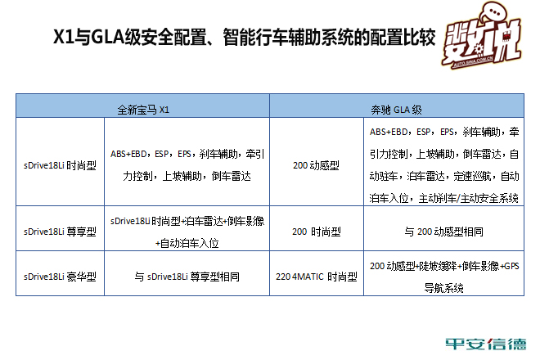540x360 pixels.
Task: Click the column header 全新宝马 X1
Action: click(143, 110)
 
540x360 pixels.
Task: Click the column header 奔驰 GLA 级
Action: click(396, 110)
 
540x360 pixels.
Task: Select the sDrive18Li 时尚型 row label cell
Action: click(60, 165)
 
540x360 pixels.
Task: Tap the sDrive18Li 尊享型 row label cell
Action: click(60, 232)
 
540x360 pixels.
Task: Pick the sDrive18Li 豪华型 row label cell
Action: click(60, 277)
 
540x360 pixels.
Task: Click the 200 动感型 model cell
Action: click(316, 165)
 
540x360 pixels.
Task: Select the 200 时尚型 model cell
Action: click(316, 232)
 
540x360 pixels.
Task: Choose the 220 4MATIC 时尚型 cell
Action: click(316, 277)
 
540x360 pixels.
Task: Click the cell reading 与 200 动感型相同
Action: click(444, 232)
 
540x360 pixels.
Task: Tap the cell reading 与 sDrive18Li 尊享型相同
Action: click(187, 277)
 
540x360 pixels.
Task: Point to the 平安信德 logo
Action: click(486, 344)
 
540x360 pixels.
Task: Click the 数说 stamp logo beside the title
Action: click(482, 36)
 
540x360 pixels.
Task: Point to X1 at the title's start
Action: click(64, 37)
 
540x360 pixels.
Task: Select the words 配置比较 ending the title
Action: click(403, 37)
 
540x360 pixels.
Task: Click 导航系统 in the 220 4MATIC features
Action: click(444, 288)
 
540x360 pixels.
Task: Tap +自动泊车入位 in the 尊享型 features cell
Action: click(187, 243)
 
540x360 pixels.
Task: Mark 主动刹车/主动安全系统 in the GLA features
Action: click(469, 198)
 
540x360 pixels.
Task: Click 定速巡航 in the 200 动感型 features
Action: click(474, 176)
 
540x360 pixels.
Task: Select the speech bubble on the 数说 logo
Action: click(494, 12)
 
